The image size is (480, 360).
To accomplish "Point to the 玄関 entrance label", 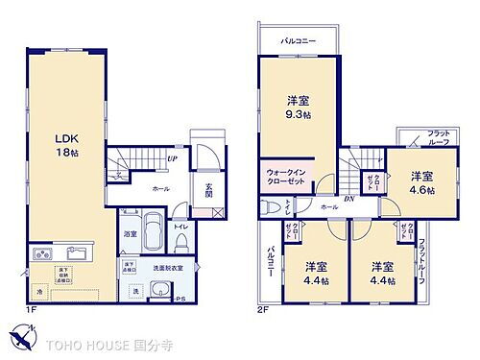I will click(209, 189).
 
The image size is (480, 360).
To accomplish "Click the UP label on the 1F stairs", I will click(171, 159).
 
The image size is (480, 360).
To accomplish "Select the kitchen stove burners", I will click(43, 255).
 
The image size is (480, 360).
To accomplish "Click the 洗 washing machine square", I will click(135, 292).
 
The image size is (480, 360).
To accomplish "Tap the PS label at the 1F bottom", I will click(180, 300).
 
